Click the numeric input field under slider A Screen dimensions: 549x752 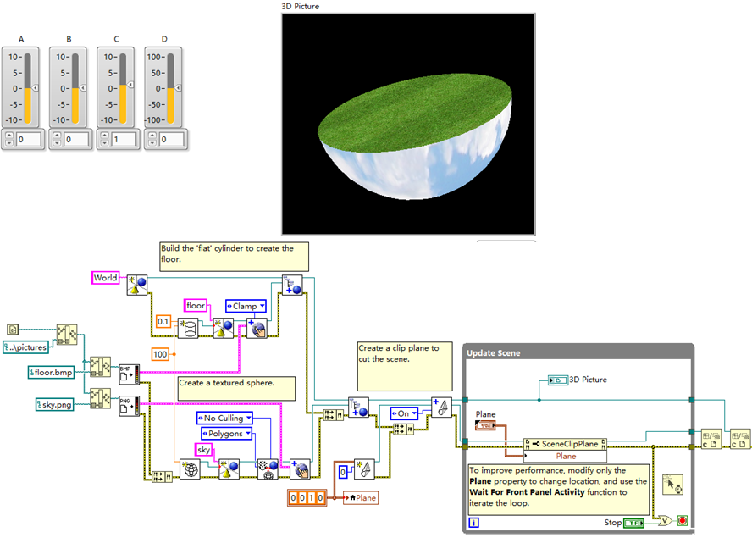point(29,139)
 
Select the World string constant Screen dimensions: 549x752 point(106,278)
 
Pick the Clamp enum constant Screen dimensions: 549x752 point(246,306)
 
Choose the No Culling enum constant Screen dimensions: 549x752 point(224,418)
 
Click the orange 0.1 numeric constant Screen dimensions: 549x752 point(163,322)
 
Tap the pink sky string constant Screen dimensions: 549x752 point(203,449)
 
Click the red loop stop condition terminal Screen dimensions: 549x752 point(682,521)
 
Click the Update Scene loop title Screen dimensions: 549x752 point(493,352)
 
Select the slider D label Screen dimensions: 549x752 point(164,38)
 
